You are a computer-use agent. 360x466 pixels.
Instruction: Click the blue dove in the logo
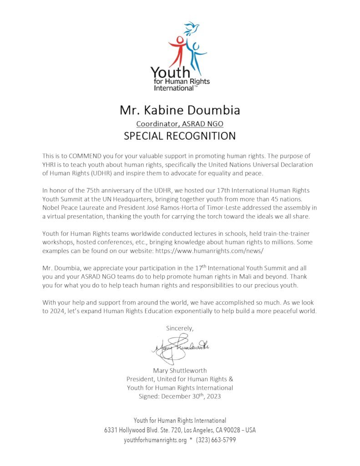pos(192,28)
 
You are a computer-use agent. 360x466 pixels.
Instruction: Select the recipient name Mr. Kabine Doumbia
pos(180,110)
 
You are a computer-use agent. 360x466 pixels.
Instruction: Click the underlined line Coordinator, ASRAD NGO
pos(180,123)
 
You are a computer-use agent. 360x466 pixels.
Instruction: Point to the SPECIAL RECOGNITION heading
pos(180,136)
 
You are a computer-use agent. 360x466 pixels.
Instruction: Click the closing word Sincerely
pos(180,328)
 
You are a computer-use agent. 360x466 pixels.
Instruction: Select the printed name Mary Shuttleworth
pos(180,370)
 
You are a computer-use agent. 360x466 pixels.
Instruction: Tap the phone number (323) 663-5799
pos(216,440)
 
